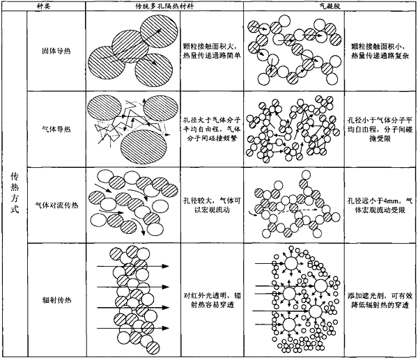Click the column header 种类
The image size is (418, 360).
(x=43, y=6)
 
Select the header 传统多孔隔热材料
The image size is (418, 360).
(x=164, y=6)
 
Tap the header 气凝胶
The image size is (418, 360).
(x=330, y=6)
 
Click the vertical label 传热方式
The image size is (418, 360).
(x=15, y=192)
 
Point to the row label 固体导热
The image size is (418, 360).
(x=56, y=51)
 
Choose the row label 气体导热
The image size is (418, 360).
(x=56, y=130)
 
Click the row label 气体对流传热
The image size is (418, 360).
(x=57, y=205)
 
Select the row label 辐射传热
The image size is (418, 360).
(x=57, y=300)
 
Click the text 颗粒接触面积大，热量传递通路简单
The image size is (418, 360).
(x=212, y=51)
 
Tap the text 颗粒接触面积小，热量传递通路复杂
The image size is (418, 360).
(x=380, y=51)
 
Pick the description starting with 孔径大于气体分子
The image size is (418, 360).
(x=212, y=129)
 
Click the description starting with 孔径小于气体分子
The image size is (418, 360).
(x=380, y=130)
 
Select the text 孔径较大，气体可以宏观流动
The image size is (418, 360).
(x=212, y=205)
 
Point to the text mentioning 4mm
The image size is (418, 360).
(x=380, y=205)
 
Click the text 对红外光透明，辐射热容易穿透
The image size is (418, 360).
(x=212, y=300)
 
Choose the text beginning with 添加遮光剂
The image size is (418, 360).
(x=380, y=300)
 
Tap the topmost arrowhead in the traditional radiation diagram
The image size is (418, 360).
(x=165, y=266)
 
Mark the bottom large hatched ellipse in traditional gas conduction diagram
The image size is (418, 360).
(x=144, y=147)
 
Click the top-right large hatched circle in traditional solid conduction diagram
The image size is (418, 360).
(x=159, y=32)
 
